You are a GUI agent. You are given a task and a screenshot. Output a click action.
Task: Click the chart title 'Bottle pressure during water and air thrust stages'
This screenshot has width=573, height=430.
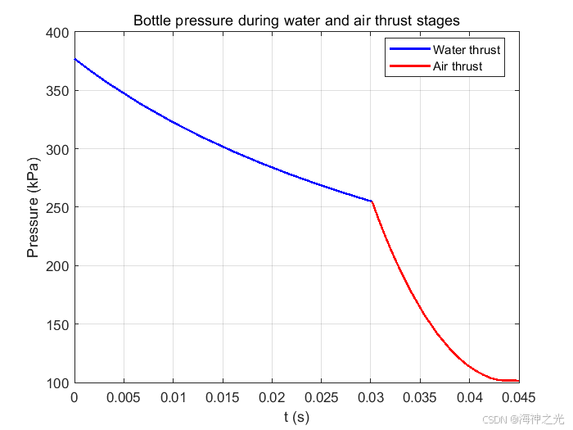(296, 20)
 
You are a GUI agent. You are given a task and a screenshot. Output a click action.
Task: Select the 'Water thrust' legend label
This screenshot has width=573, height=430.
(467, 50)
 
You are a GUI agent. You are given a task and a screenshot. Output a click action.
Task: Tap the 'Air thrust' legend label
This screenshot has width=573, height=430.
(458, 66)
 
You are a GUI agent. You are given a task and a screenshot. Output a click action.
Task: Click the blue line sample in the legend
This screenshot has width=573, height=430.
(409, 49)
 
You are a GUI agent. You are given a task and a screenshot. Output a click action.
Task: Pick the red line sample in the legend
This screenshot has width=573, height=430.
(409, 66)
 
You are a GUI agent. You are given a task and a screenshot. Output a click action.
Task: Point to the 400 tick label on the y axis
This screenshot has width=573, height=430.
(57, 33)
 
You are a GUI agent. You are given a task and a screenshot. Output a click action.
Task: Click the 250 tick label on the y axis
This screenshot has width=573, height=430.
(57, 208)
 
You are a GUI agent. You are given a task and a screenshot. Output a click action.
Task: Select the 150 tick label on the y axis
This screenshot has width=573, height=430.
(57, 324)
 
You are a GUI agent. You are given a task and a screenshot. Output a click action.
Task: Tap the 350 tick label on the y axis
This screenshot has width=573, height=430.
(57, 91)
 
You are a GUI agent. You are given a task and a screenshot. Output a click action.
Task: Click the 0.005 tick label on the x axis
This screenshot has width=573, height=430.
(124, 397)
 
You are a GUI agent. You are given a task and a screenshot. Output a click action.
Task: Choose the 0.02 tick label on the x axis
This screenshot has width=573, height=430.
(272, 397)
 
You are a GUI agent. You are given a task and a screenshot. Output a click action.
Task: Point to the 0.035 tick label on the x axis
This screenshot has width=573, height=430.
(420, 397)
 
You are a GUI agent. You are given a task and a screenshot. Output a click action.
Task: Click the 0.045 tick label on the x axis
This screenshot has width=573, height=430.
(518, 397)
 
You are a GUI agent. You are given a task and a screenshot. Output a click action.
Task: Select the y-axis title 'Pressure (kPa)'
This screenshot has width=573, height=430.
(33, 207)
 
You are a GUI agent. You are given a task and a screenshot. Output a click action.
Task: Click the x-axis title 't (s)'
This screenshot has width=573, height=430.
(296, 416)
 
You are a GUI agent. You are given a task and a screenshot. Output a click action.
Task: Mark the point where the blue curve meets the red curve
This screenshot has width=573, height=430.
(372, 201)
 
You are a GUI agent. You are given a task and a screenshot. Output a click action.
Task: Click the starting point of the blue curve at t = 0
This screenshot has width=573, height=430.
(75, 59)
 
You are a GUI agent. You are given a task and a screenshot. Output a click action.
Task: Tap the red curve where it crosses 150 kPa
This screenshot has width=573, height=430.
(427, 324)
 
